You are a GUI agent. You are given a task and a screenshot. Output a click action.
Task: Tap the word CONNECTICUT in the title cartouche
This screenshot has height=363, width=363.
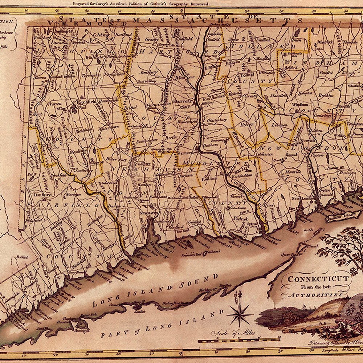(x=318, y=279)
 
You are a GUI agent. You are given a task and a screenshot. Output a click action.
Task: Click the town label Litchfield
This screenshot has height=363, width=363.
(x=86, y=102)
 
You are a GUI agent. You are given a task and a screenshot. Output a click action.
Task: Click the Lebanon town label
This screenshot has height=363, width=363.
(x=279, y=125)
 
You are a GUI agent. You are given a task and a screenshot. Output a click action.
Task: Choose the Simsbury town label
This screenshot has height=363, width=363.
(x=149, y=73)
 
